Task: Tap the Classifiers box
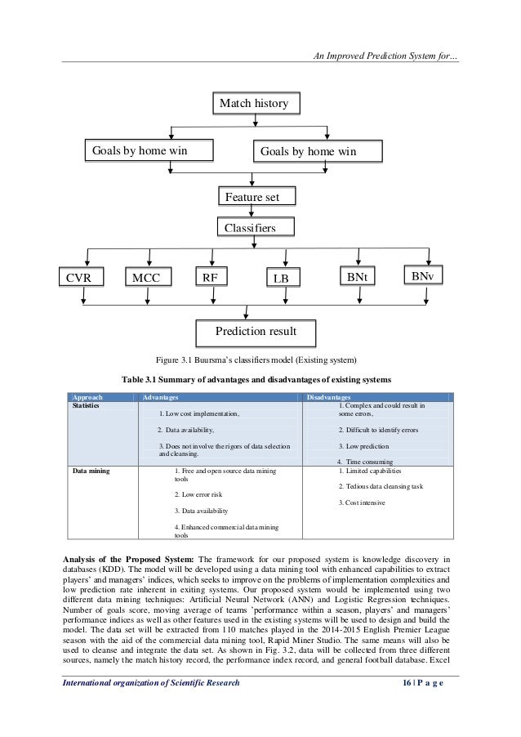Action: (253, 226)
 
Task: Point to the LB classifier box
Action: (282, 279)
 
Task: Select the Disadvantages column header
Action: (332, 395)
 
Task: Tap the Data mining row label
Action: (92, 471)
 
